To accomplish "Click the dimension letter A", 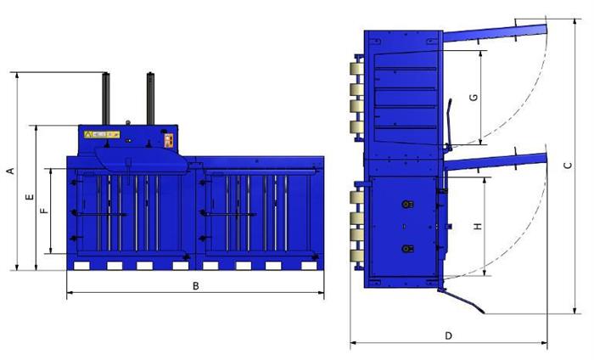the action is click(x=11, y=171).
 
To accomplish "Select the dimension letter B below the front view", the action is click(x=195, y=286).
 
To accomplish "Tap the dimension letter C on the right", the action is click(x=568, y=166).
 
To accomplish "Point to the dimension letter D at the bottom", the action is click(x=449, y=335).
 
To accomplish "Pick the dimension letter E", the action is click(x=30, y=197).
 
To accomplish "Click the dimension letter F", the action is click(x=45, y=211).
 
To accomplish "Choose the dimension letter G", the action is click(x=474, y=98).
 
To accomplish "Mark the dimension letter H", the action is click(x=478, y=226).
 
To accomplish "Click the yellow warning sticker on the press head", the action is click(x=102, y=134).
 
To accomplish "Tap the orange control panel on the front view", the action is click(x=169, y=141).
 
